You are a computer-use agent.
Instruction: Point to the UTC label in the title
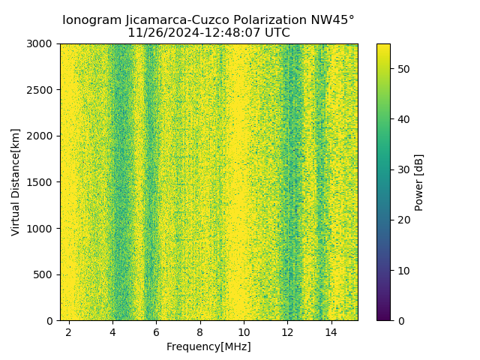tap(276, 33)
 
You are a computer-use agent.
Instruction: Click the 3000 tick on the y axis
tap(42, 43)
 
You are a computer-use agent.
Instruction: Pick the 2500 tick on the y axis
tap(42, 90)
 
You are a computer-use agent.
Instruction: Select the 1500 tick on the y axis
tap(42, 182)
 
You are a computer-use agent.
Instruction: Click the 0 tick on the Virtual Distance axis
tap(51, 321)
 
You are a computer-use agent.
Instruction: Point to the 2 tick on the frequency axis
tap(69, 331)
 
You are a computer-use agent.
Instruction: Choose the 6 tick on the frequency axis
tap(156, 331)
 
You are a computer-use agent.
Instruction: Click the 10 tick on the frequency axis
tap(244, 331)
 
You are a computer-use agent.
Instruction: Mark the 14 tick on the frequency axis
tap(331, 331)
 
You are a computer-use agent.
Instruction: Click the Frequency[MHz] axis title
tap(208, 346)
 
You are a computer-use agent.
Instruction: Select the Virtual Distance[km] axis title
tap(16, 182)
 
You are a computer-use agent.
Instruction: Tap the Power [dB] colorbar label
tap(419, 182)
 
